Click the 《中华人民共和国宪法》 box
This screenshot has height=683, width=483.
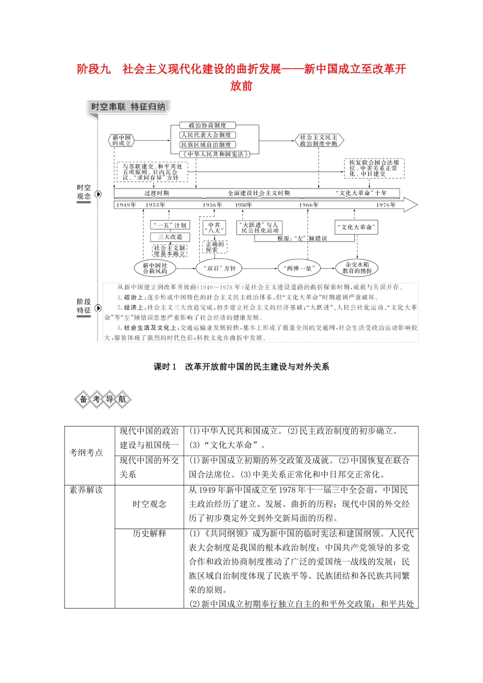214,154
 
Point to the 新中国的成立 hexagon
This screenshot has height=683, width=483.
122,140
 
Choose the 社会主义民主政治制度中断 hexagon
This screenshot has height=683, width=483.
319,140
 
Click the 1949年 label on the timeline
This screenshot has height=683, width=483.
126,205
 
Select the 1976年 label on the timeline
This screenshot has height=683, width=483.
386,205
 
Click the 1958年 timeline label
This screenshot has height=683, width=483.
244,205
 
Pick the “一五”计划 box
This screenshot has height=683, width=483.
170,225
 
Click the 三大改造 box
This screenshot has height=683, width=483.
170,237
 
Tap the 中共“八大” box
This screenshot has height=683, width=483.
214,227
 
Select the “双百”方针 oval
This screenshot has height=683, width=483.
220,268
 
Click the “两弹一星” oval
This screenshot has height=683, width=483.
300,268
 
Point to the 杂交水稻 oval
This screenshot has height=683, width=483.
357,267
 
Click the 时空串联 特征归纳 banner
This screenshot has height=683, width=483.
128,107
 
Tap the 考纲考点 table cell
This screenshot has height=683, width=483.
86,452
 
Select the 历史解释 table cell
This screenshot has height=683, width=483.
149,533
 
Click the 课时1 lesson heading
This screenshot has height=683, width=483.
242,366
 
